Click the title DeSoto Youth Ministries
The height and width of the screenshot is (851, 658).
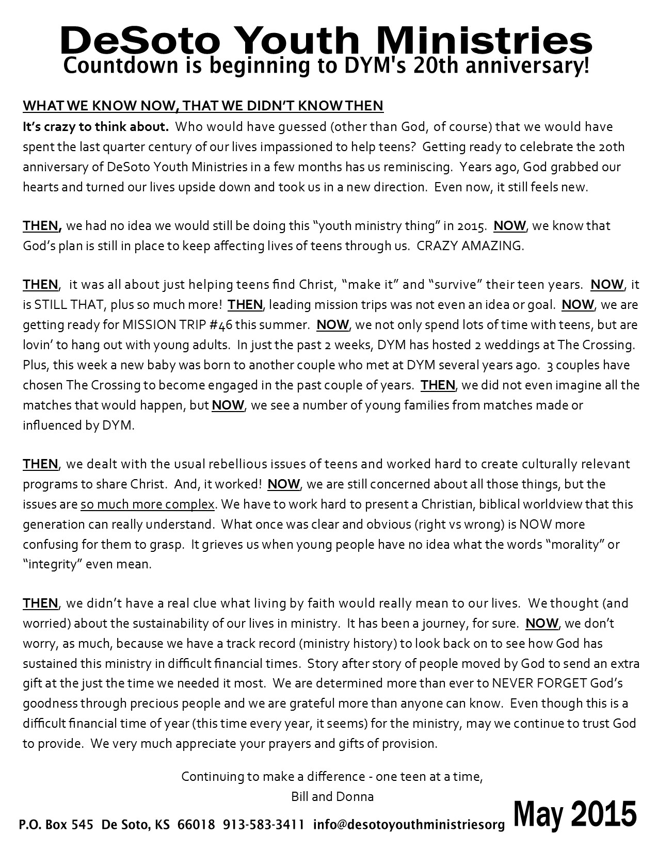pos(326,40)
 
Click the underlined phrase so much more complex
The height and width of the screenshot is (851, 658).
pos(147,504)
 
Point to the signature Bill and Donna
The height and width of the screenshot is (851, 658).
pos(332,796)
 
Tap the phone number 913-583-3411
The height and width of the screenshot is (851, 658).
pos(263,825)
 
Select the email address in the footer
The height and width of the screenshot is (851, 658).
pos(408,825)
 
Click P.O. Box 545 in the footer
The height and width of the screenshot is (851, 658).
pos(56,825)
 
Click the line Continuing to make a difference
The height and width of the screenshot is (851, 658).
pos(332,776)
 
